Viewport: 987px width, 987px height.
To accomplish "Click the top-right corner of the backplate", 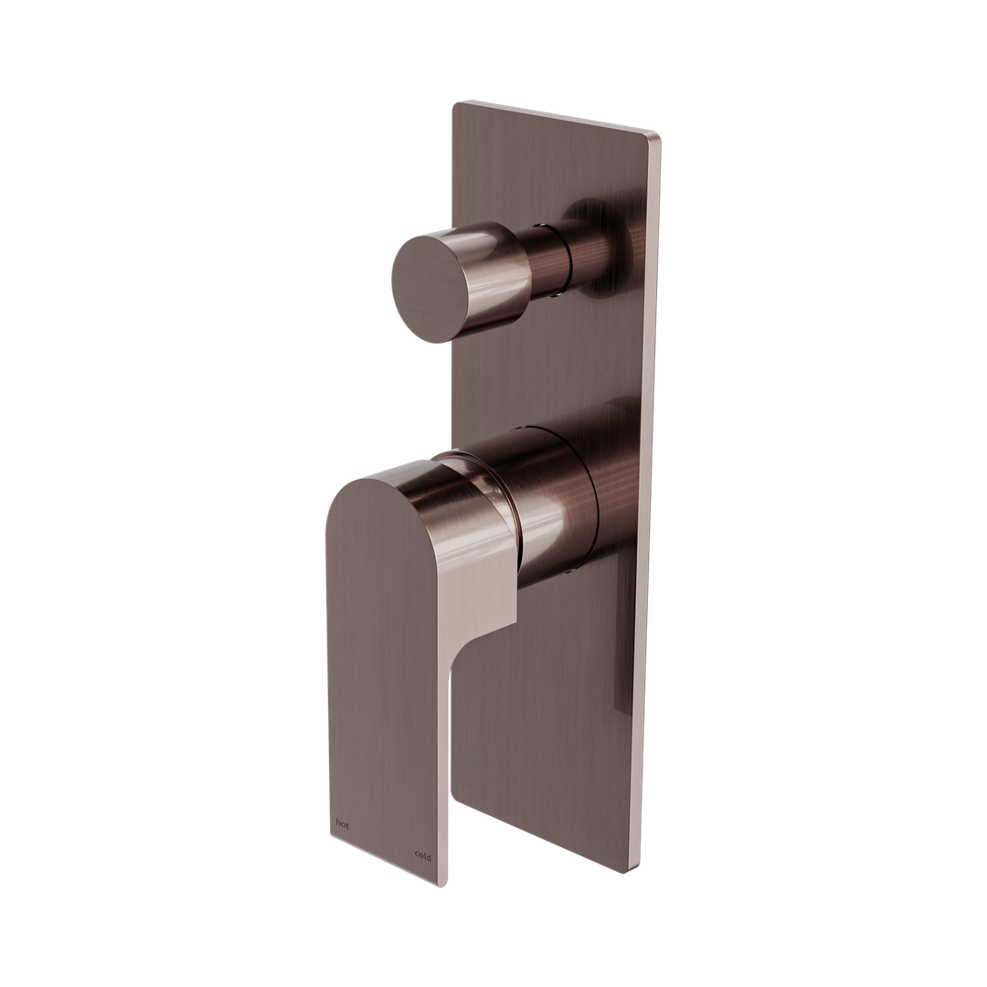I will click(660, 138).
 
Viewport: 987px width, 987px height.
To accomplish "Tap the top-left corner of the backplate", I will click(454, 103).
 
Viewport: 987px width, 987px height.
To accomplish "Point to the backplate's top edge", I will click(557, 119).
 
